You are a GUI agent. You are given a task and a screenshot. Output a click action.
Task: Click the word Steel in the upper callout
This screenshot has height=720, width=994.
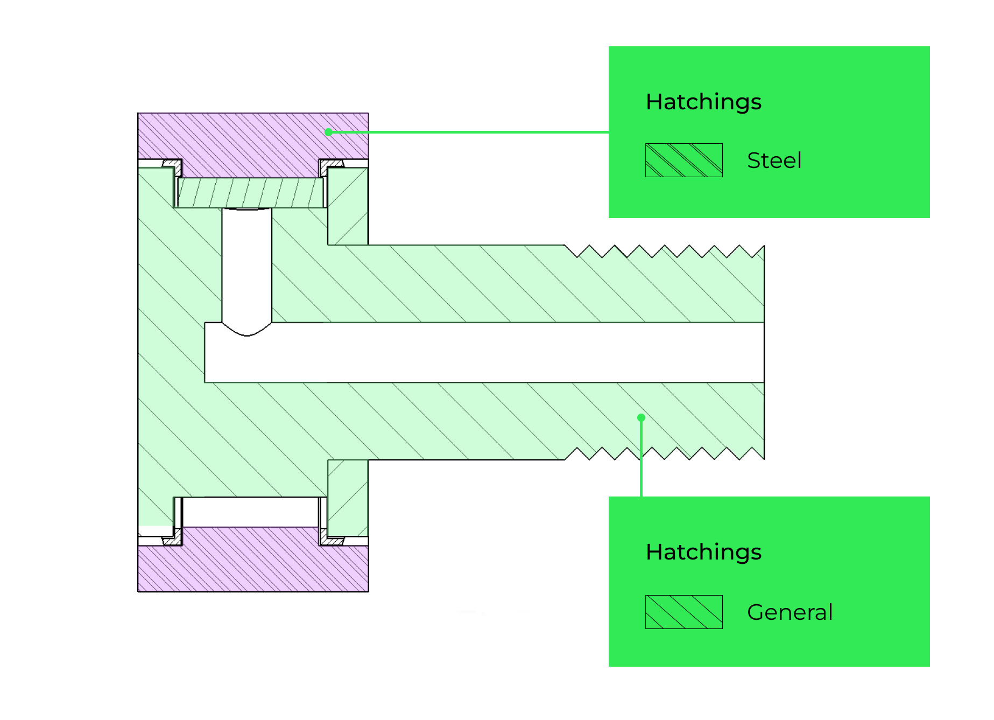774,160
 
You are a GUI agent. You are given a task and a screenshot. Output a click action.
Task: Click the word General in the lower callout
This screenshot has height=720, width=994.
789,612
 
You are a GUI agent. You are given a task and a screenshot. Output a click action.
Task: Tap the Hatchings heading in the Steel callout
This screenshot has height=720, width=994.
703,102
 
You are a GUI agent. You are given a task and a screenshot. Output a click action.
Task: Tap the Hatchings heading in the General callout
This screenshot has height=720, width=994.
703,552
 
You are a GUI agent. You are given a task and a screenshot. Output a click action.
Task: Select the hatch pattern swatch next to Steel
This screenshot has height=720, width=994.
683,160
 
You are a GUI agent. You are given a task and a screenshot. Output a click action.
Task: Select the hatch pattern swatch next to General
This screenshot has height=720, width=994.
683,612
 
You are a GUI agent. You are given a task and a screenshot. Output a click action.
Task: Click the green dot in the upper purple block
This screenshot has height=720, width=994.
328,132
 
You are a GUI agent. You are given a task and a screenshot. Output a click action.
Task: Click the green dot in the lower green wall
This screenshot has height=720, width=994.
641,417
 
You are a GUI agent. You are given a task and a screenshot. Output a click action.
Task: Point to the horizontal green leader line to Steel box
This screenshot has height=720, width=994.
468,132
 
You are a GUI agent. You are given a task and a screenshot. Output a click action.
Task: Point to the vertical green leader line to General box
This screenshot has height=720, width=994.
641,458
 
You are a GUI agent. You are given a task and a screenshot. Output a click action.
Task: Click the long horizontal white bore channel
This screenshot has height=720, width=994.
484,353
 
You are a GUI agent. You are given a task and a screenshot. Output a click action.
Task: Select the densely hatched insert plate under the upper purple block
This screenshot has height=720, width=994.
251,193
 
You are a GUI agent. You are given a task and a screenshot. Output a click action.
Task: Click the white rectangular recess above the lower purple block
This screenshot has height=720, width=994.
251,512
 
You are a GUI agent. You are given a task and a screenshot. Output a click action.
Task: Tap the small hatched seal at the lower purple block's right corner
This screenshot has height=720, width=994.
333,540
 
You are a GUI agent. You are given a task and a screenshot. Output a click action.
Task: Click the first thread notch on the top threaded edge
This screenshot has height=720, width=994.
577,253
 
